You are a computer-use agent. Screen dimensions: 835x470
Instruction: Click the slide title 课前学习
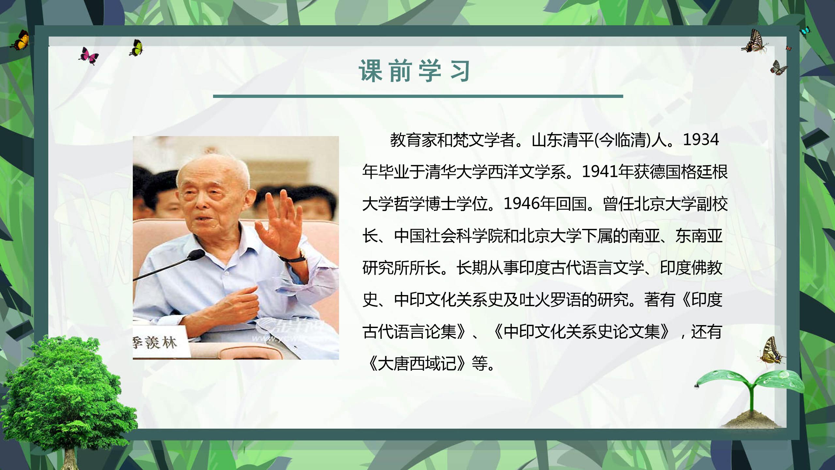coord(415,71)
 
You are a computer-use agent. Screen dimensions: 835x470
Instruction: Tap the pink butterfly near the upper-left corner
coord(88,56)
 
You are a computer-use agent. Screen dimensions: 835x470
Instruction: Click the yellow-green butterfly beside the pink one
coord(136,48)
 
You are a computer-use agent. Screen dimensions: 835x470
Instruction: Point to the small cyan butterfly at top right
coord(804,31)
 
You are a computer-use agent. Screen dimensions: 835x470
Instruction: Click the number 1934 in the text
coord(701,140)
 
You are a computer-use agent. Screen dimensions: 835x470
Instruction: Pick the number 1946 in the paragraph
coord(521,204)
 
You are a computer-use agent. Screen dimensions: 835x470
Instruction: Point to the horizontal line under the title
coord(418,96)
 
